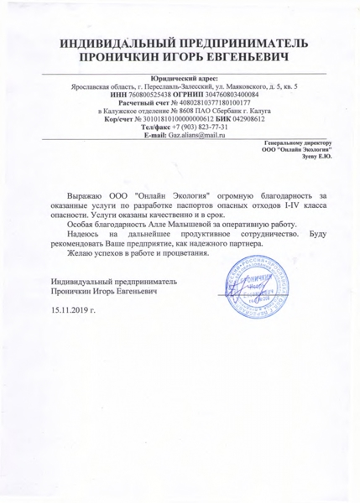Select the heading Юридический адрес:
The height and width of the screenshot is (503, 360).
180,78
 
